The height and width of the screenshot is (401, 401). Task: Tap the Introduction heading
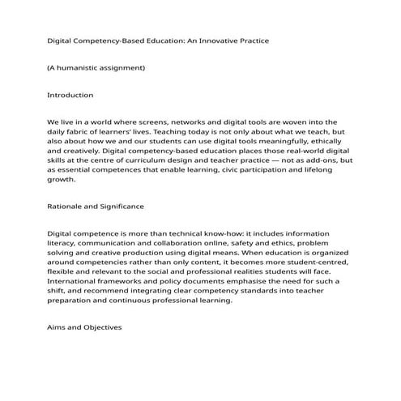(x=70, y=95)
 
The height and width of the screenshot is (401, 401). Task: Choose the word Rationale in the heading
(x=68, y=206)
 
